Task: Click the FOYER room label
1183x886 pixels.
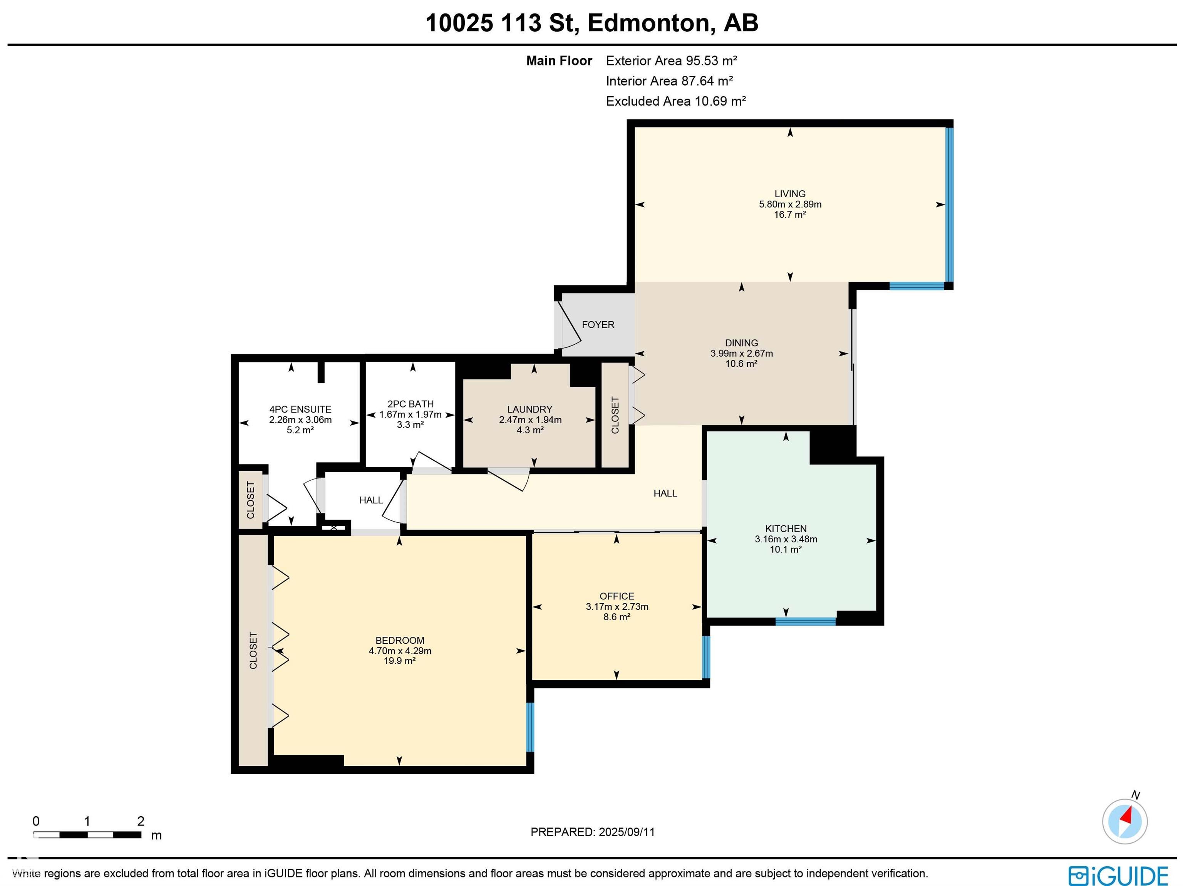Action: coord(598,325)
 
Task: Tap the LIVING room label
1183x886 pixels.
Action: coord(790,194)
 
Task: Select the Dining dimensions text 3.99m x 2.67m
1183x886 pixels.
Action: coord(741,353)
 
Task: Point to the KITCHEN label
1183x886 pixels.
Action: coord(786,529)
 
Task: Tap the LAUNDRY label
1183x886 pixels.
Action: coord(530,409)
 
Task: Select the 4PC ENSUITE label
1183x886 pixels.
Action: coord(300,409)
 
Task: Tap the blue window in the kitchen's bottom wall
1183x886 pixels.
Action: coord(806,621)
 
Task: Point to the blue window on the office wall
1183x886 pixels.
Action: coord(706,657)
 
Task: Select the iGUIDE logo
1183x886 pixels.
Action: coord(1118,876)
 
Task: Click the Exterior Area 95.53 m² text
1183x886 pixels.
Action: coord(672,60)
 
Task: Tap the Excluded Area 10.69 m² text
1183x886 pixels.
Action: coord(676,101)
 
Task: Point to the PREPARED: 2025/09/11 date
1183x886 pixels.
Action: coord(593,832)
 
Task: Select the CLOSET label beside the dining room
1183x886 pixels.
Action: coord(615,415)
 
